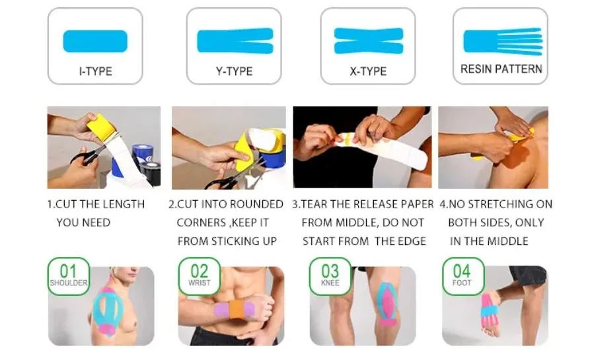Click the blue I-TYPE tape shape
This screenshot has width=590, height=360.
94,41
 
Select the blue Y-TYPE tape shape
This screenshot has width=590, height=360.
235,41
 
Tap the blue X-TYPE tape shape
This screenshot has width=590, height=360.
368,41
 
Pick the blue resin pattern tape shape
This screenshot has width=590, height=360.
501,41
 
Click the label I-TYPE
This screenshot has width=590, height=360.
95,71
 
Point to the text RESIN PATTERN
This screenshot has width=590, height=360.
501,69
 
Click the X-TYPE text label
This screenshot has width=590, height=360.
368,71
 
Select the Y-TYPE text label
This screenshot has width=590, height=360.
235,71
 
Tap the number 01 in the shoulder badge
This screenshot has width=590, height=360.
68,271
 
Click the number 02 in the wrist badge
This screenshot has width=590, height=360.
200,271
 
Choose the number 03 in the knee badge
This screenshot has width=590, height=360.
330,271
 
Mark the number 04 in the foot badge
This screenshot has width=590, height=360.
462,271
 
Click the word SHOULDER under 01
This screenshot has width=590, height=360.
68,283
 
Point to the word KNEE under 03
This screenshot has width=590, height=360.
330,283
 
